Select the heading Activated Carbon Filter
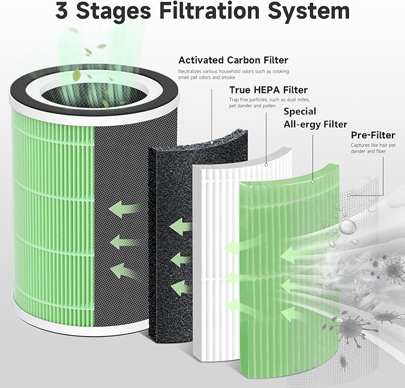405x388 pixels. pos(233,60)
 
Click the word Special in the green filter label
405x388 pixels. pos(299,111)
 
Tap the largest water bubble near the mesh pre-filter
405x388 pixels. pos(347,226)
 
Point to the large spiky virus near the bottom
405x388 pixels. pos(347,327)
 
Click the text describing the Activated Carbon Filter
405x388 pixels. pos(232,75)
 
